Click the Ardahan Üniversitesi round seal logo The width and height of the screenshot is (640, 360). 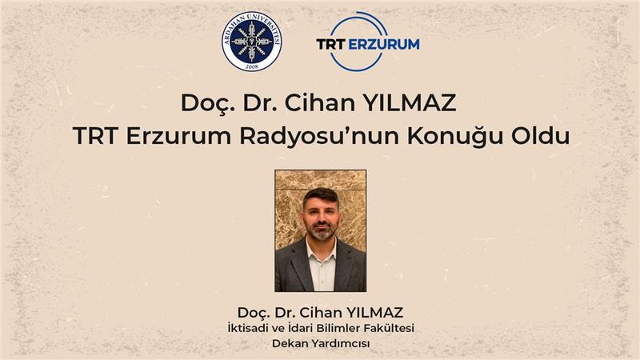251,42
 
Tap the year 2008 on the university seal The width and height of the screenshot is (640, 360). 252,66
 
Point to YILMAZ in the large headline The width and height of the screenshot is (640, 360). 410,103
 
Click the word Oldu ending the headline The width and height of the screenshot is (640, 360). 541,136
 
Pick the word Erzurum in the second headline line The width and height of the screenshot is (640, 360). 178,136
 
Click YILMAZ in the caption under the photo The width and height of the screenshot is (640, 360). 374,313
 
